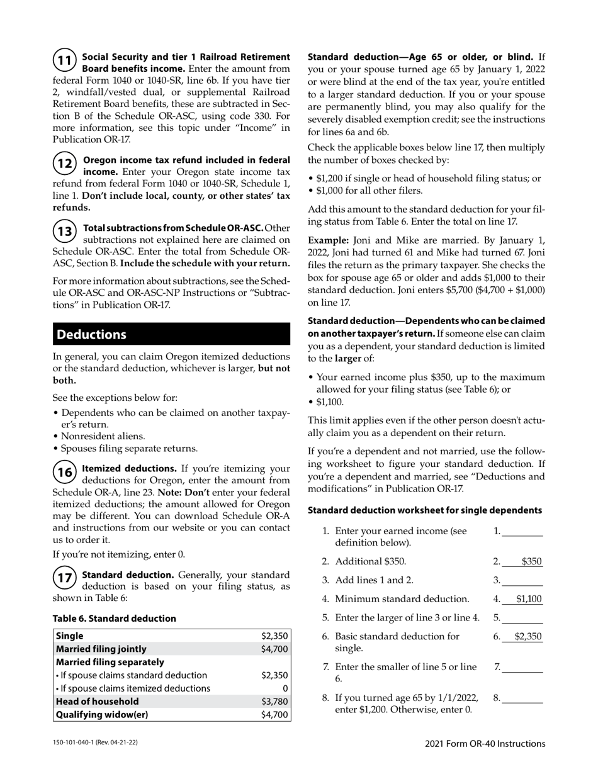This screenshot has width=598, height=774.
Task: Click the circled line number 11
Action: (x=64, y=61)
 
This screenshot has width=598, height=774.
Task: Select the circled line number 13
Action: (x=64, y=231)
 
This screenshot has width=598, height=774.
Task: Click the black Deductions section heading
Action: (x=171, y=335)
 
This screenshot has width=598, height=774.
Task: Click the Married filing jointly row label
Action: (x=101, y=649)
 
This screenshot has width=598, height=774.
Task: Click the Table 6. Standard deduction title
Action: (x=114, y=619)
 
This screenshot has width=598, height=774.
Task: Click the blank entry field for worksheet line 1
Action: (x=522, y=532)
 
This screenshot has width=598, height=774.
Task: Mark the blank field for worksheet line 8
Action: (x=522, y=698)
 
